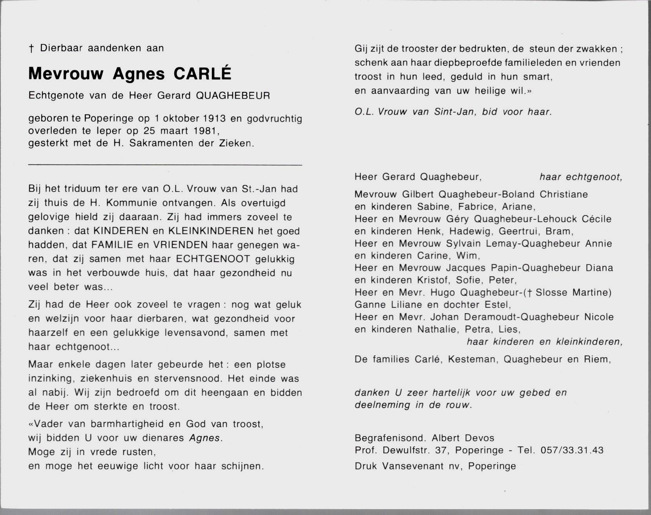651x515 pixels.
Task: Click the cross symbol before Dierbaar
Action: point(31,48)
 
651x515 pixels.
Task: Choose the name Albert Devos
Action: point(463,438)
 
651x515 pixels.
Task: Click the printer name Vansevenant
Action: point(414,466)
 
